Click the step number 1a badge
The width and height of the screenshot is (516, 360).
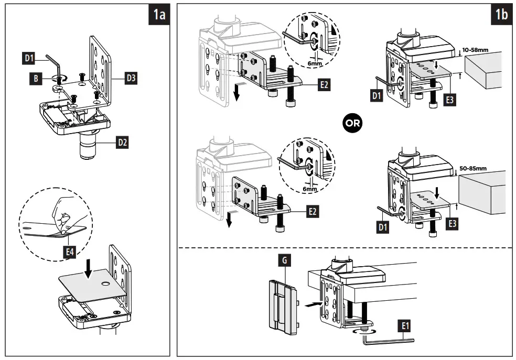(158, 15)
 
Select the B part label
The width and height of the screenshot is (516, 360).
(34, 79)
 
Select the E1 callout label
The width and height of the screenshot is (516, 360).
(404, 326)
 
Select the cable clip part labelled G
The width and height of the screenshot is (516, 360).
(282, 304)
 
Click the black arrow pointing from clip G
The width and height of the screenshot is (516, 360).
(311, 303)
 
